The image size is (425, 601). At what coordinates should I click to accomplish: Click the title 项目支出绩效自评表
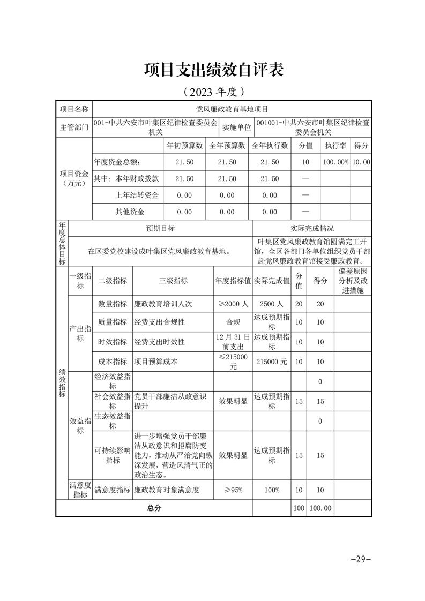click(213, 70)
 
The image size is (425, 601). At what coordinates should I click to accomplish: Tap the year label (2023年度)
click(213, 92)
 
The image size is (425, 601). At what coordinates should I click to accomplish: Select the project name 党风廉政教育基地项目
click(232, 109)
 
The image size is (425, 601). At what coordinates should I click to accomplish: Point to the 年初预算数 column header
click(184, 146)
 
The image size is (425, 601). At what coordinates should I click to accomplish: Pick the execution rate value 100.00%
click(335, 162)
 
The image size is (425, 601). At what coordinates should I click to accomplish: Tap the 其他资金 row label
click(130, 212)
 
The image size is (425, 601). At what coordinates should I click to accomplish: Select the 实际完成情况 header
click(312, 228)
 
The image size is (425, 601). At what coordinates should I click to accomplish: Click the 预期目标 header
click(161, 228)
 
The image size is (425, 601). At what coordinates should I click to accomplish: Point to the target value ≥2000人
click(233, 304)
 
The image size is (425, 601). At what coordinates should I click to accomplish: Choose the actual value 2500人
click(271, 304)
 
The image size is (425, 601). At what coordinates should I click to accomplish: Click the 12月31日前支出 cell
click(233, 341)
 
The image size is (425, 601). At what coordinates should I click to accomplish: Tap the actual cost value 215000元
click(271, 362)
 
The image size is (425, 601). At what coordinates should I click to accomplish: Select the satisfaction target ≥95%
click(233, 490)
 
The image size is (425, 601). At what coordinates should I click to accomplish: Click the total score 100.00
click(320, 508)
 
